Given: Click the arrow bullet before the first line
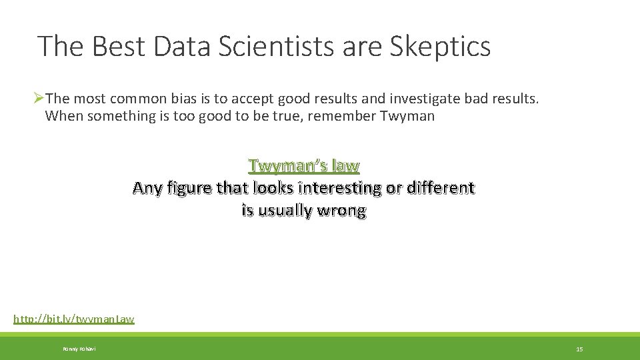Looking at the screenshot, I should (x=38, y=99).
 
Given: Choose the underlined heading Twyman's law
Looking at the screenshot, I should (x=304, y=165).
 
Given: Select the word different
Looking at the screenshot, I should (x=437, y=187).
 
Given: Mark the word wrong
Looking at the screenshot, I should (x=343, y=211).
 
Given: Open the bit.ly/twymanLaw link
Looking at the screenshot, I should (x=74, y=319).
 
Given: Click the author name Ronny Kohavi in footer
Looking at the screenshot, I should (x=79, y=349).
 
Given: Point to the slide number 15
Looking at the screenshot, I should (x=579, y=349).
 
